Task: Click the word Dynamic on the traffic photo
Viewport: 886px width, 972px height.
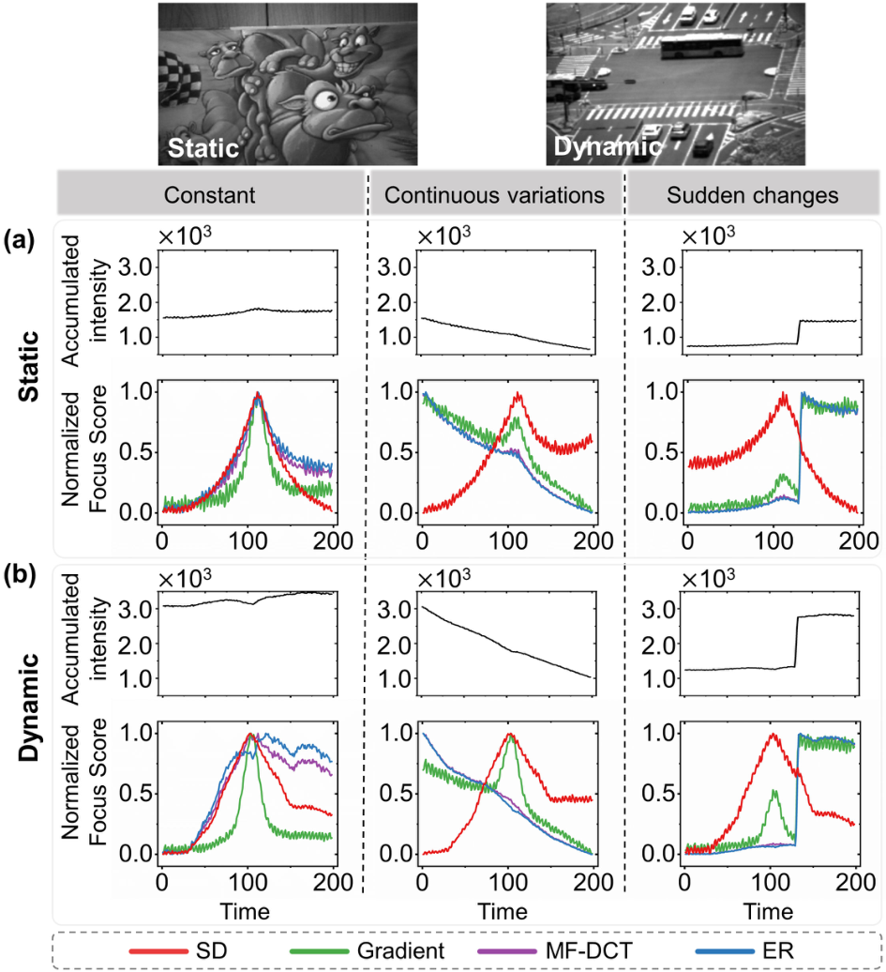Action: click(x=605, y=147)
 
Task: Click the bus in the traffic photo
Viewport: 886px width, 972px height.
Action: click(x=699, y=48)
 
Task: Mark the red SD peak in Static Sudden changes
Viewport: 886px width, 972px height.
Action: click(x=781, y=395)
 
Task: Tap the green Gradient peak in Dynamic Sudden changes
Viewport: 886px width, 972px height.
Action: click(x=774, y=790)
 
